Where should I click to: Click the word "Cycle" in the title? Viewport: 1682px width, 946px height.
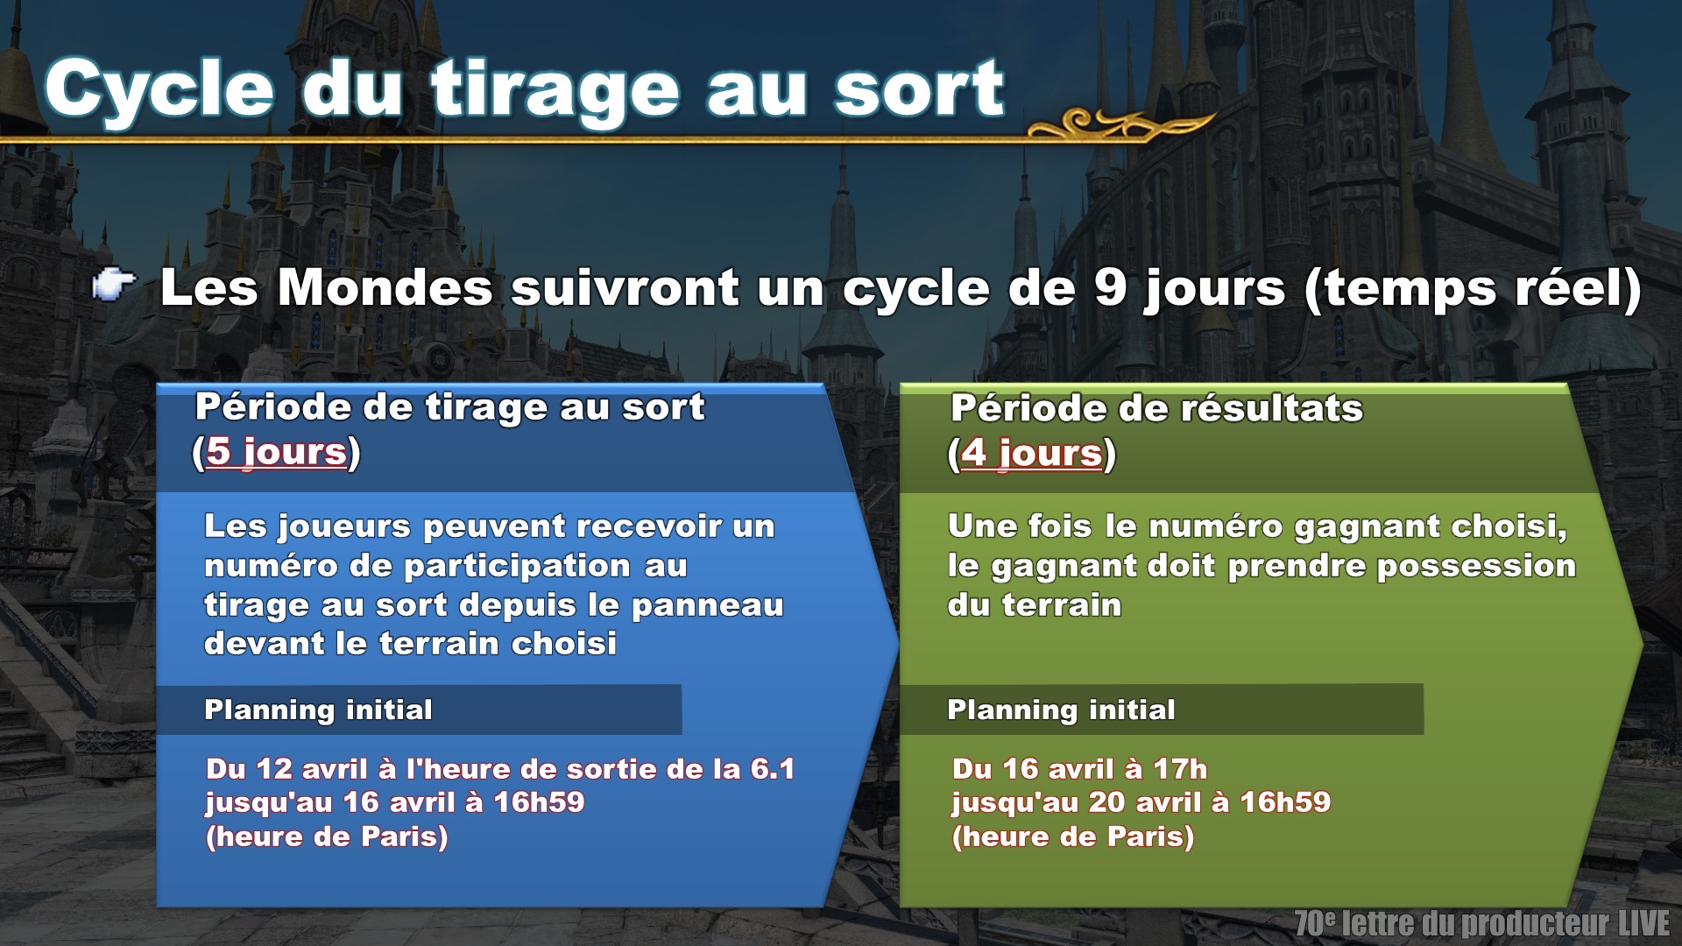pos(159,90)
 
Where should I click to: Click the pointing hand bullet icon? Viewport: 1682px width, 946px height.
pos(114,286)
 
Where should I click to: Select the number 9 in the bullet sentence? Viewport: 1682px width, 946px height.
pos(1110,287)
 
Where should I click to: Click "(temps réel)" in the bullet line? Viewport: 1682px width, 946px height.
pos(1473,289)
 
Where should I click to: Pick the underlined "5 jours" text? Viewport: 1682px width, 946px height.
pos(277,452)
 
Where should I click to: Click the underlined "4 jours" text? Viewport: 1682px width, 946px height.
pos(1031,453)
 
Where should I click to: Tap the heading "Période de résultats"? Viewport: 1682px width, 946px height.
pos(1156,408)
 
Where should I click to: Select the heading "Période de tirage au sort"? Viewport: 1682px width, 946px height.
pos(449,407)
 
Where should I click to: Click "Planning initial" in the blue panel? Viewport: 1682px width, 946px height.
pos(318,709)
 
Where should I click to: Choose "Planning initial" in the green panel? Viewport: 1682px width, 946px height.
pos(1061,709)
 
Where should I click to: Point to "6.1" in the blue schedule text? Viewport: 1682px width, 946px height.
pos(772,769)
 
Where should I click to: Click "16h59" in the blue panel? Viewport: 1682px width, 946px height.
pos(539,802)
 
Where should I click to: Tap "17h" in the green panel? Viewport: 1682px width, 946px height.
pos(1180,769)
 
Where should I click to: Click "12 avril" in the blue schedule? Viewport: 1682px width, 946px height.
pos(312,769)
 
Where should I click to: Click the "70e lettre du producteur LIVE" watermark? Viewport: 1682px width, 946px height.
pos(1482,923)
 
